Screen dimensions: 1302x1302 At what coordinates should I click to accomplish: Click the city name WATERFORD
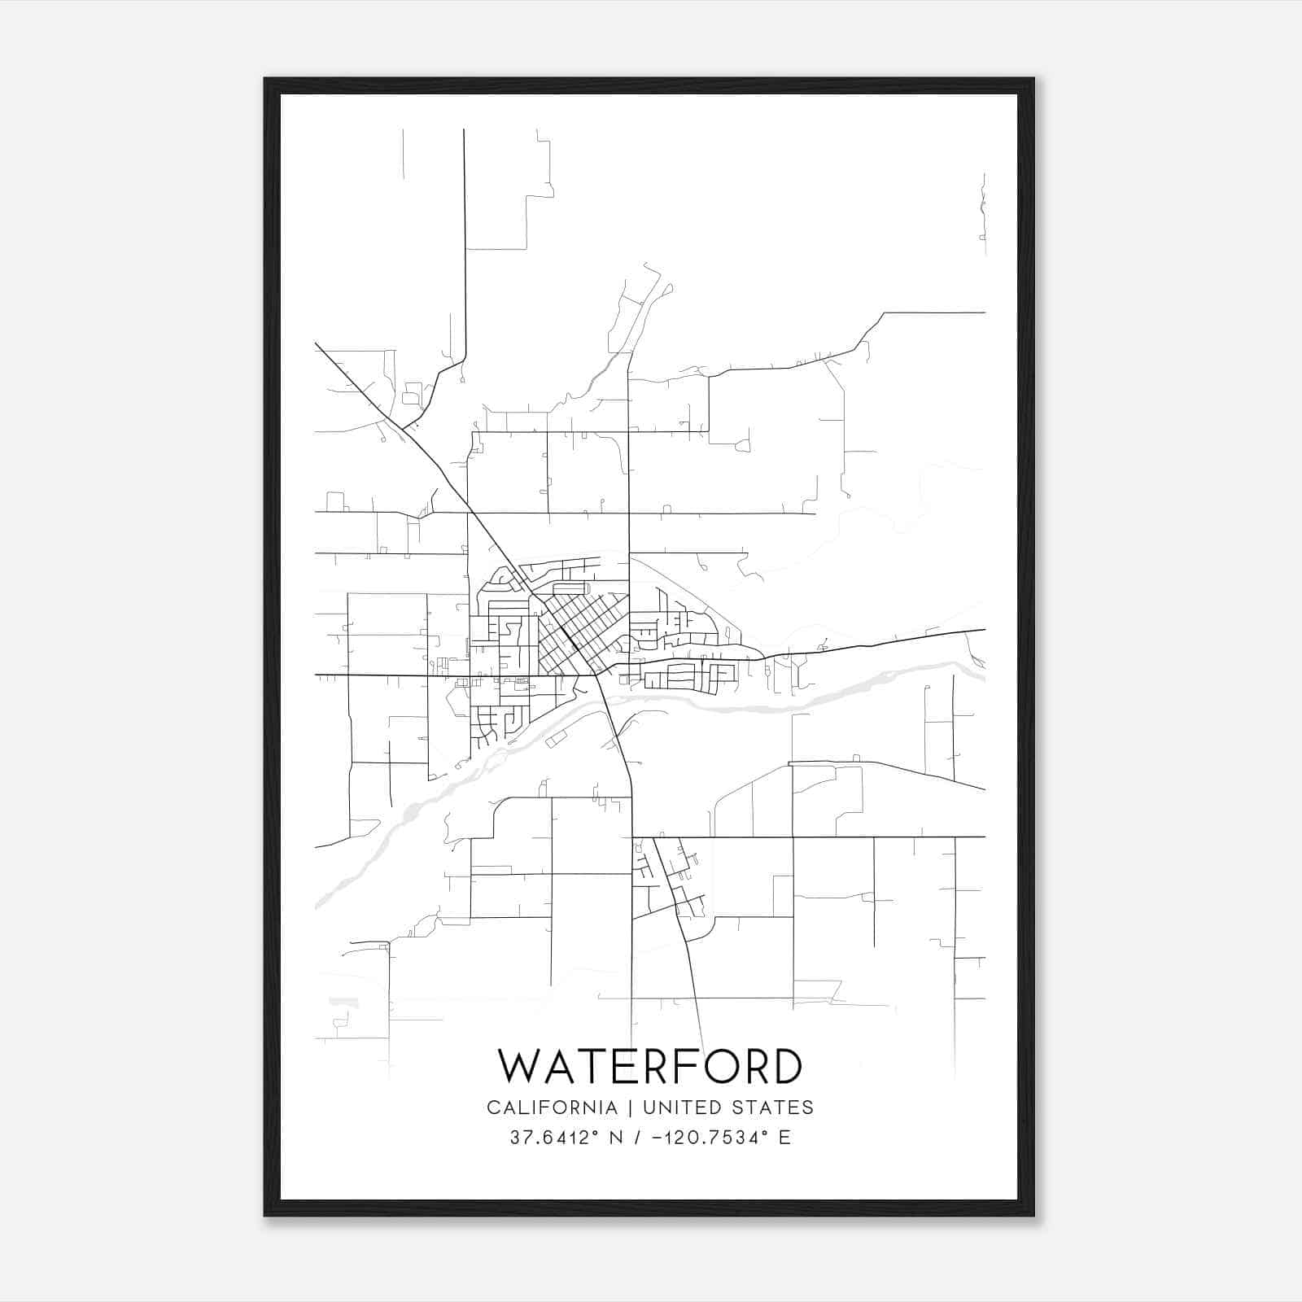click(x=650, y=1066)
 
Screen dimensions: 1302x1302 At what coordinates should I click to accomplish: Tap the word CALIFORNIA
click(x=552, y=1108)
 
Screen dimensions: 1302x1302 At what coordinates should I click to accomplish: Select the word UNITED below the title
click(x=680, y=1108)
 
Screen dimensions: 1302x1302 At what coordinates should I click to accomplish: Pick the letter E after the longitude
click(x=784, y=1138)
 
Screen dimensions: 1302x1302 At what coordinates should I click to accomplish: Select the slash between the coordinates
click(x=635, y=1138)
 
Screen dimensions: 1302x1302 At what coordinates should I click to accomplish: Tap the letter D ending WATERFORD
click(x=785, y=1066)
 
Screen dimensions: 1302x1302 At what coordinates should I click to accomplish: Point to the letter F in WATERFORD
click(x=678, y=1066)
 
